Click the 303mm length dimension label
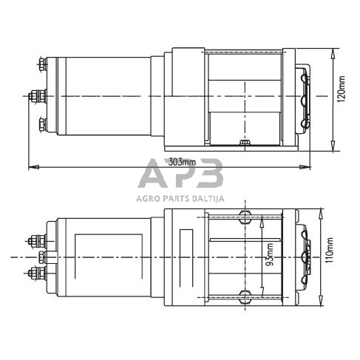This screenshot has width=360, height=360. point(180,163)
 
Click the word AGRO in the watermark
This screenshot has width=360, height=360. point(148,199)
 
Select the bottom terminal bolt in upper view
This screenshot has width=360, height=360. point(42,123)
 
